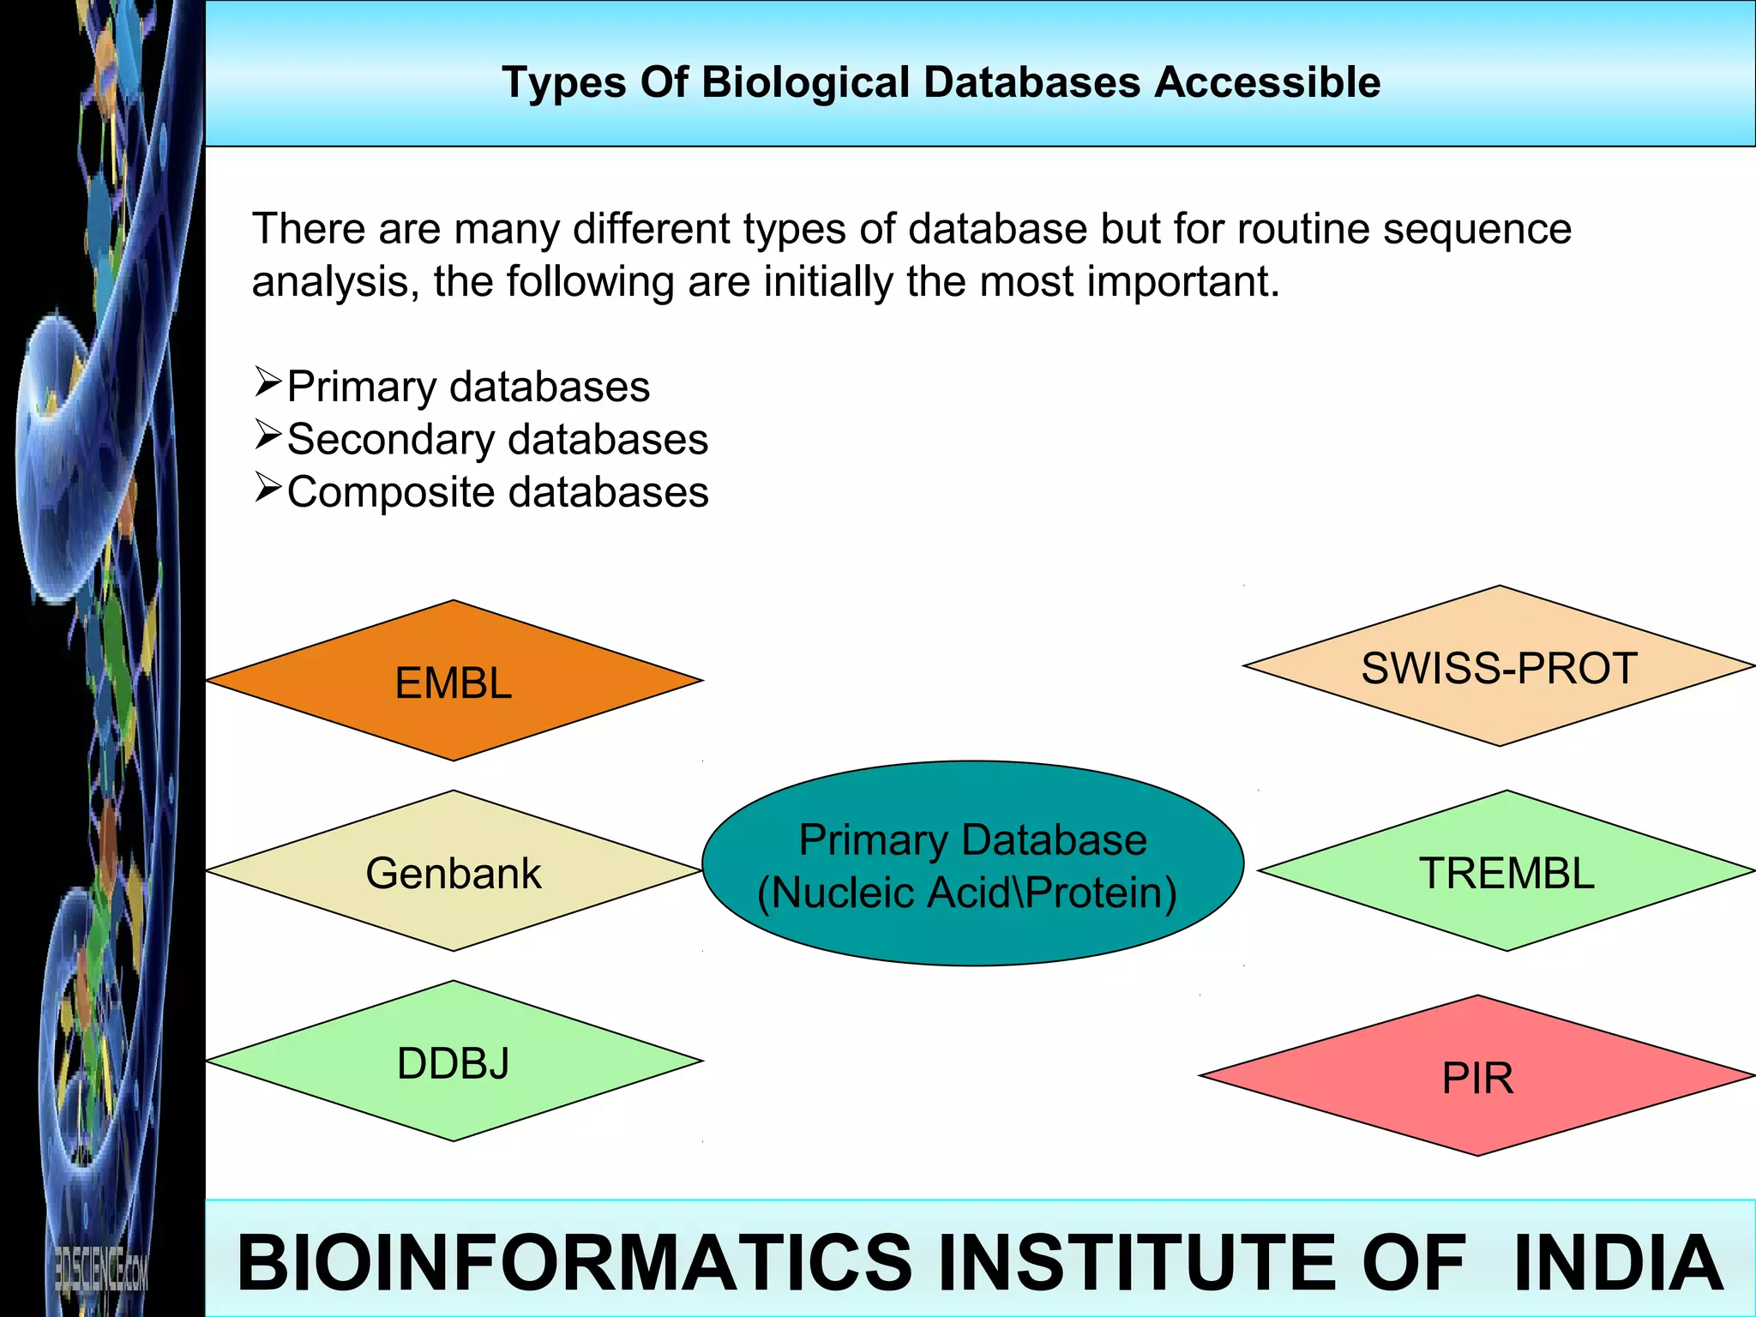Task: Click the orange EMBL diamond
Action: [x=454, y=681]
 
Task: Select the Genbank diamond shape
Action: [x=454, y=871]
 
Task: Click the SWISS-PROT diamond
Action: [x=1499, y=667]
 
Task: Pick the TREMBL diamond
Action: [x=1506, y=871]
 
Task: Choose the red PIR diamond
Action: [x=1476, y=1077]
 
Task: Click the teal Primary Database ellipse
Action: [x=972, y=864]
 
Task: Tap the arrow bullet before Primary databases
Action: [x=268, y=382]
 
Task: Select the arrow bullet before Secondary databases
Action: [x=268, y=436]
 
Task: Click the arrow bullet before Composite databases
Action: [x=268, y=489]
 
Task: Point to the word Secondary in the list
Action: [x=391, y=440]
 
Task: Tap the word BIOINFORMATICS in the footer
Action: [x=574, y=1262]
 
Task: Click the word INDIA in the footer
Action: [x=1619, y=1262]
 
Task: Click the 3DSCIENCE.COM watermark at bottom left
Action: [x=100, y=1269]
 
